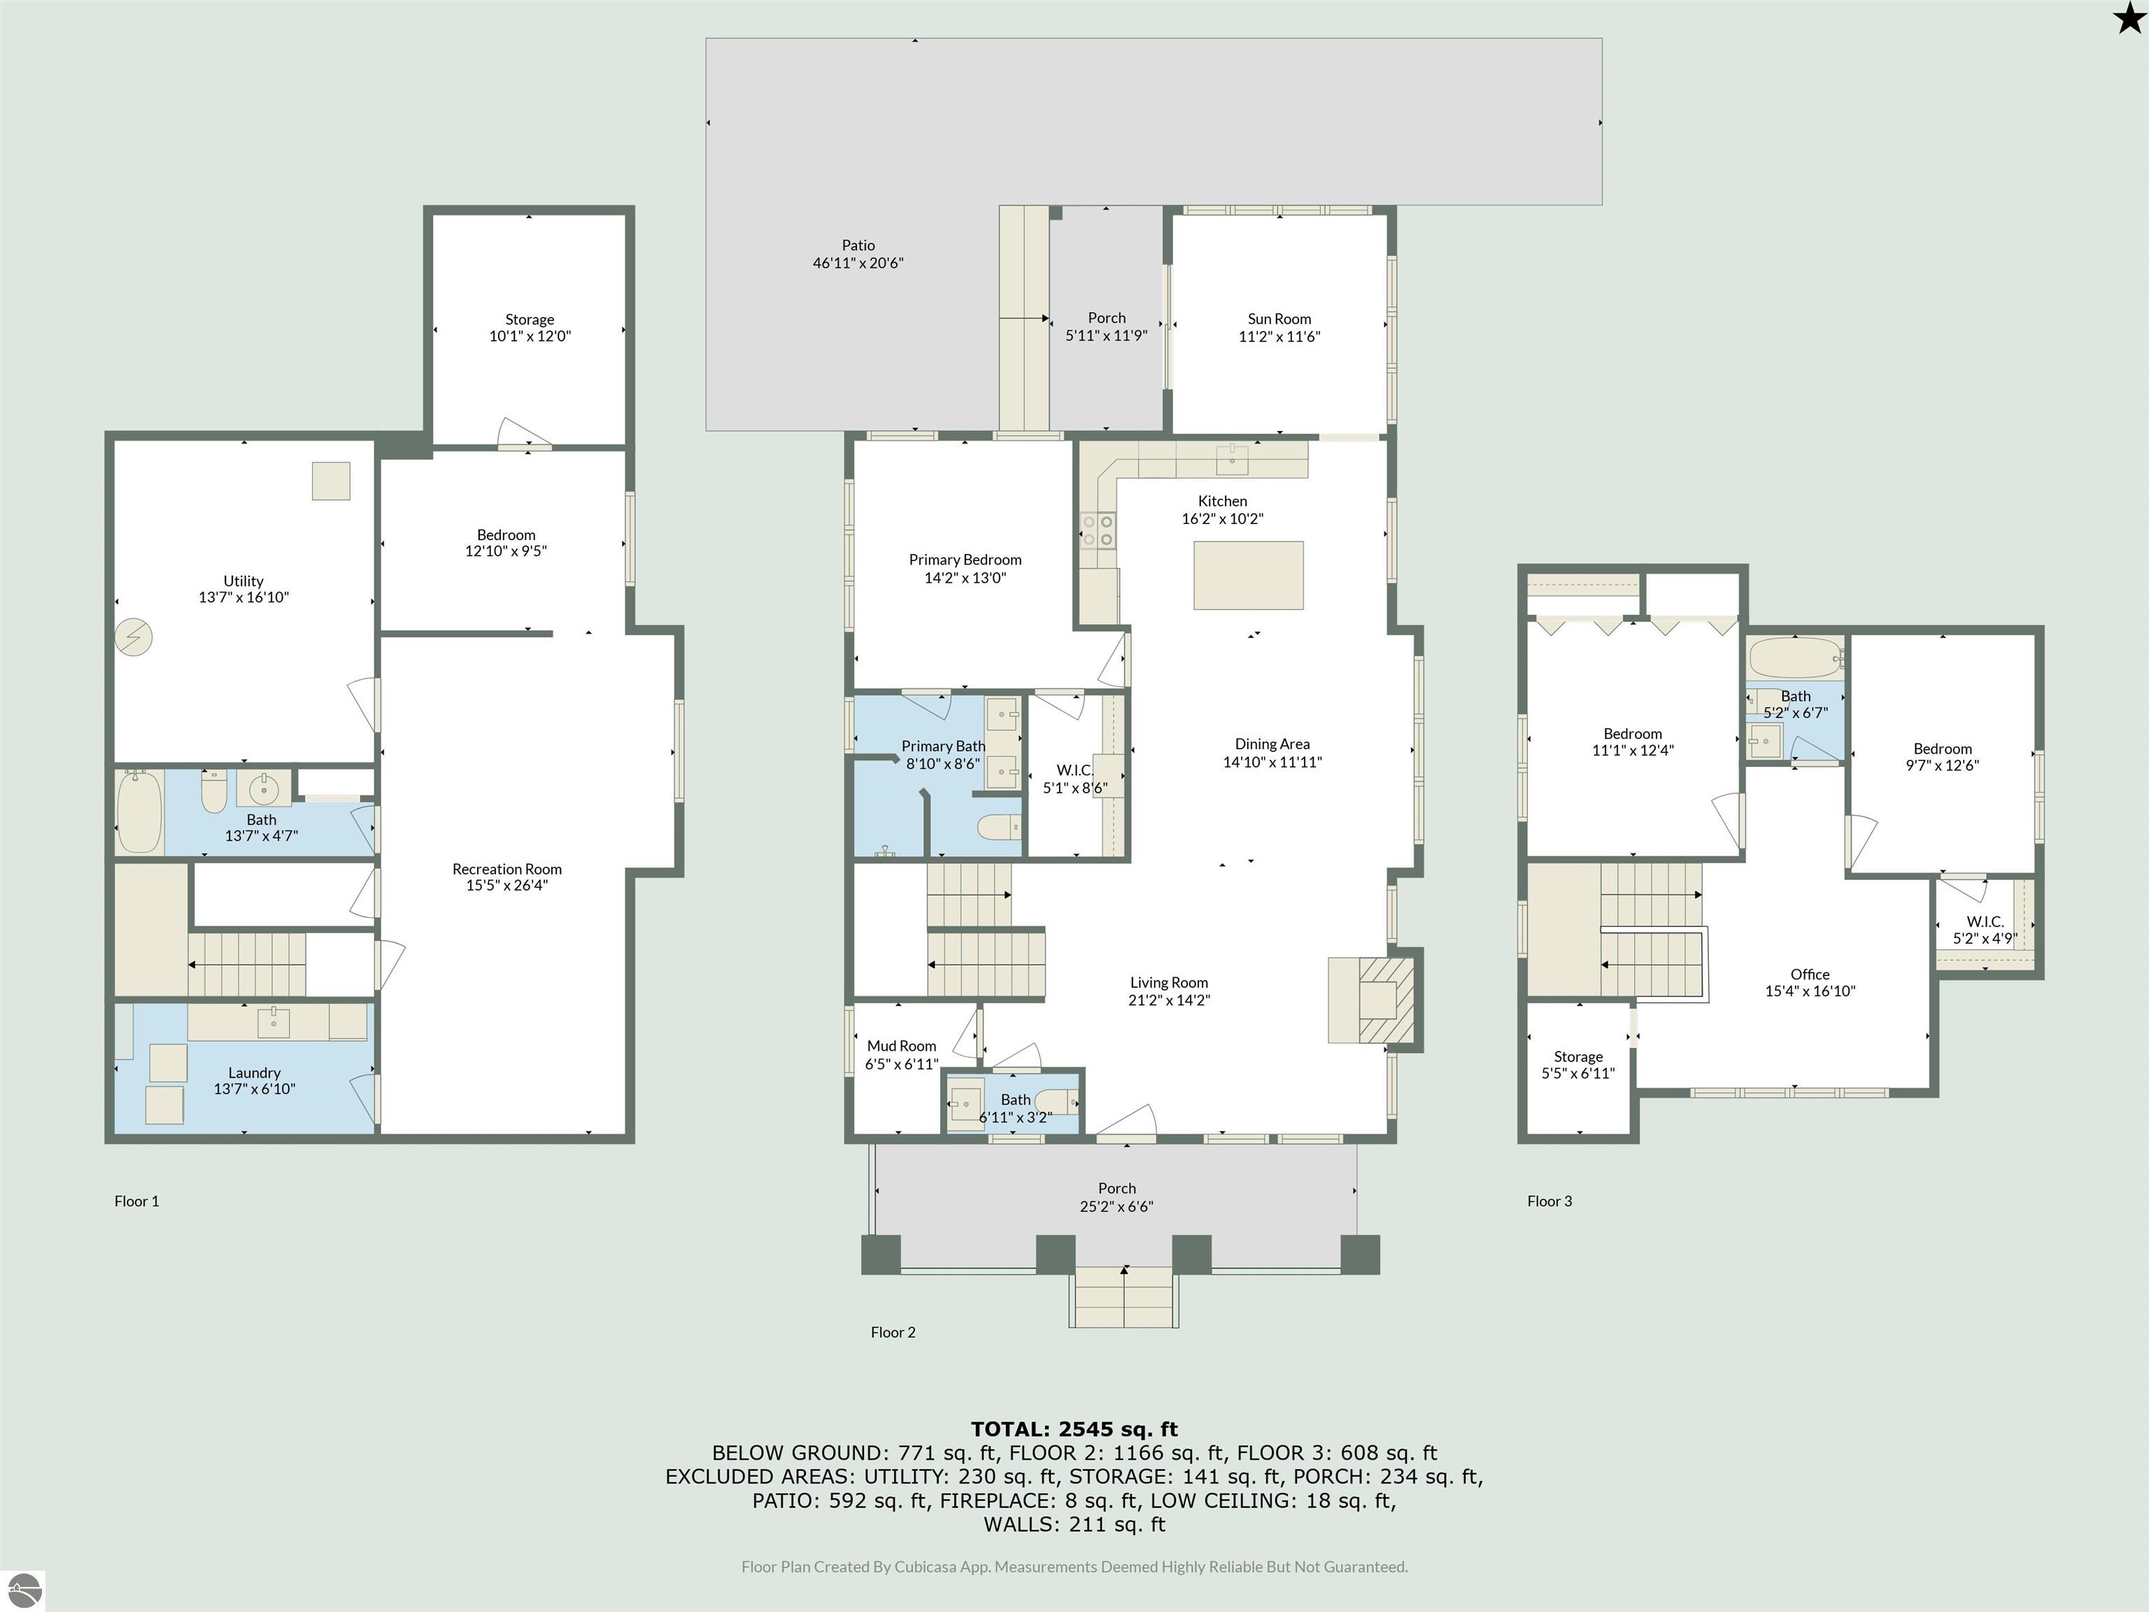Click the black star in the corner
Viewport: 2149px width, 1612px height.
click(2127, 17)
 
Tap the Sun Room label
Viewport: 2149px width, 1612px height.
click(1279, 319)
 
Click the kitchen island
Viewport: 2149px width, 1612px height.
click(1249, 577)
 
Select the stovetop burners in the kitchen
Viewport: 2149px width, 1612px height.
click(1098, 530)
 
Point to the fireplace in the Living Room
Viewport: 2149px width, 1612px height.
click(1371, 1000)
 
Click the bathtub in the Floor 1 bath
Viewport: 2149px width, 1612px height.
click(139, 812)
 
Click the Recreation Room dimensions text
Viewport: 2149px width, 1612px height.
click(506, 885)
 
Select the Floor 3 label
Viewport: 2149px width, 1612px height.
click(1549, 1201)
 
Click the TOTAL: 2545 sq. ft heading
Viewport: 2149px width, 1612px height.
click(1074, 1429)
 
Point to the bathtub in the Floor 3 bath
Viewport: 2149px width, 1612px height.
click(1795, 658)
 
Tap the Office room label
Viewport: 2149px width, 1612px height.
click(1809, 975)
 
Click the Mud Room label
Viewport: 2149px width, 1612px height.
click(902, 1045)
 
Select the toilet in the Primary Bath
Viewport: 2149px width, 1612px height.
click(1000, 827)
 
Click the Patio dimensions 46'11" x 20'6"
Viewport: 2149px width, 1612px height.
click(858, 262)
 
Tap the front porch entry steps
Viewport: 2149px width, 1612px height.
click(1124, 1298)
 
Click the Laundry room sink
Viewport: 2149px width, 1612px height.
click(274, 1021)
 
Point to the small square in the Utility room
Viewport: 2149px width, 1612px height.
click(330, 481)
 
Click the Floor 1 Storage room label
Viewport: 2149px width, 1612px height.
click(530, 320)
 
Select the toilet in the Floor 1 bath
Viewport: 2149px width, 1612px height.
click(214, 793)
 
